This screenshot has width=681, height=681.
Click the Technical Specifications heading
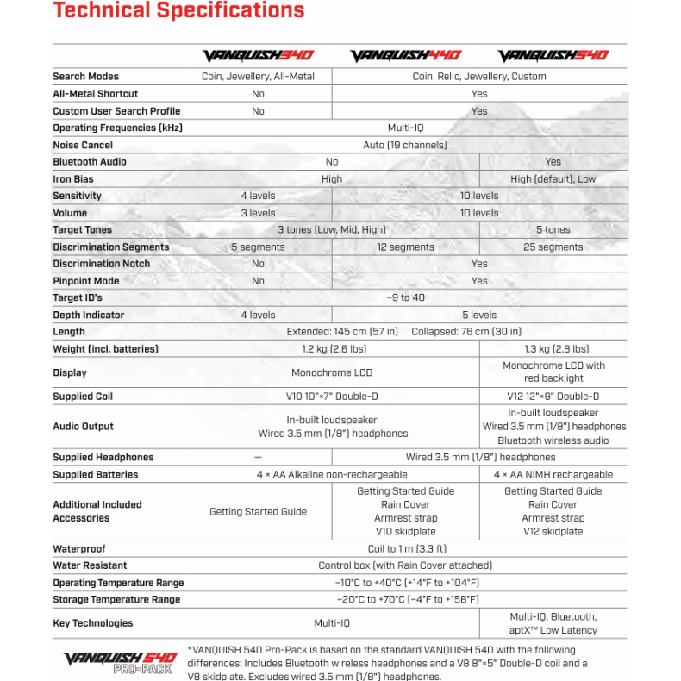(178, 10)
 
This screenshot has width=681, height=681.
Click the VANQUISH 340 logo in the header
(258, 56)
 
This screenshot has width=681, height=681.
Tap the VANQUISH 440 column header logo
(405, 56)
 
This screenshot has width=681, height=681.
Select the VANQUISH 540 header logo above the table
(553, 56)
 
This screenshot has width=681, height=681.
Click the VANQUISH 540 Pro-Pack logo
(120, 662)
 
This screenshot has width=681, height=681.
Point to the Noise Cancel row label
(83, 145)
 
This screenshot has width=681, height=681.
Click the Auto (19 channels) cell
(405, 145)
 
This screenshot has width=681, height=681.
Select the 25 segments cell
(553, 247)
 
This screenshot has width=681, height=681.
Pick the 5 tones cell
(553, 230)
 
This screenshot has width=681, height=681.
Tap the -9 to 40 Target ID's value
(405, 298)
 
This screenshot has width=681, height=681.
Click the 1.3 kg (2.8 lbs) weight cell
(553, 349)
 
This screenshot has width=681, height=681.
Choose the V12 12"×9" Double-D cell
(553, 397)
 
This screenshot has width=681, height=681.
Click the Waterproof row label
(78, 549)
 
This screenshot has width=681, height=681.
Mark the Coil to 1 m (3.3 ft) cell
(405, 549)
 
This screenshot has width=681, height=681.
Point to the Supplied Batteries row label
(95, 475)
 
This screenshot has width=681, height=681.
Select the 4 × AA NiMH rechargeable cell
(553, 475)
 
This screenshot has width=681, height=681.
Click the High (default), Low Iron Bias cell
(553, 179)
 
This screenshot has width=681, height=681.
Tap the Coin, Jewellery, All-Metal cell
(258, 77)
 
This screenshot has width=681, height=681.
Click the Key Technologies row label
(93, 623)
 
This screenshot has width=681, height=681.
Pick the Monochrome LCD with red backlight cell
(553, 372)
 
